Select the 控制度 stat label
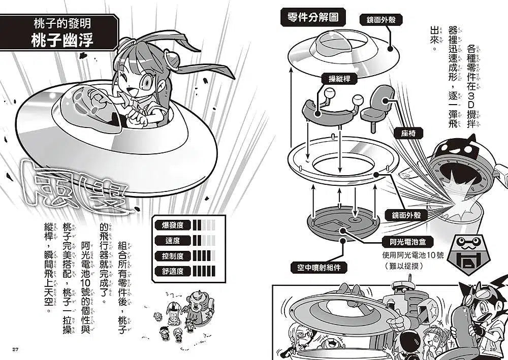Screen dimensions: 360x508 [173, 256]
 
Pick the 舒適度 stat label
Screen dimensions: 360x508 [173, 271]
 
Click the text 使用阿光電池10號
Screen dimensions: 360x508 [406, 255]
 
